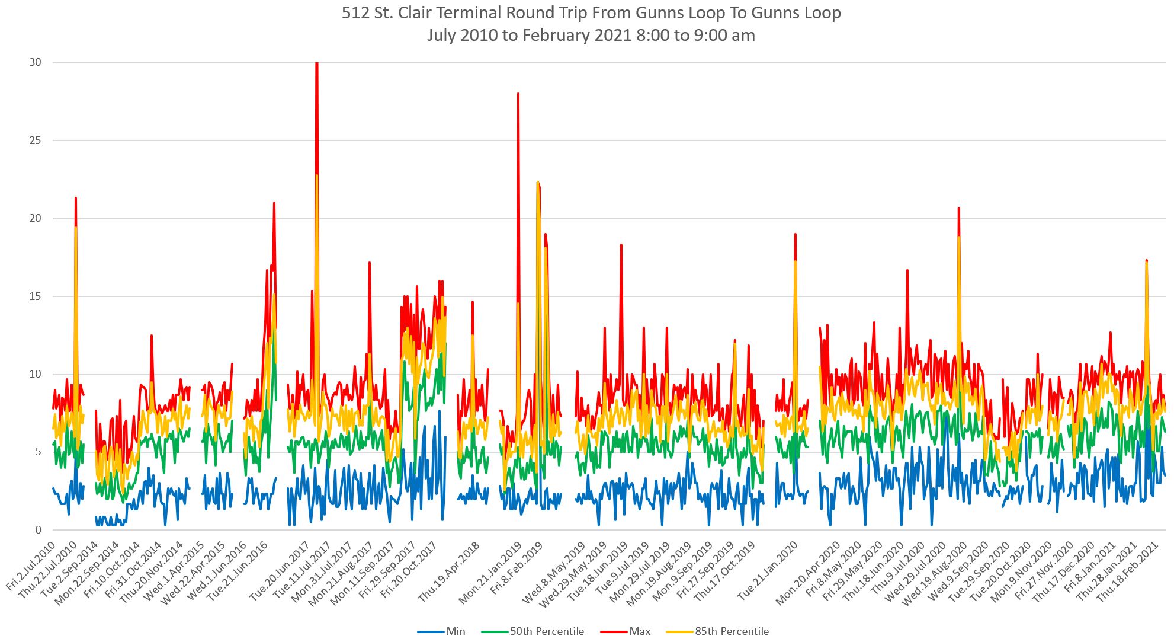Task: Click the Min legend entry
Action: [455, 631]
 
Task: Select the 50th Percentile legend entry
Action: [547, 631]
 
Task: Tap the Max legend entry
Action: [640, 631]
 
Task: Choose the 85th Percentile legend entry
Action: [732, 631]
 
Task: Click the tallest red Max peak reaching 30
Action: [317, 64]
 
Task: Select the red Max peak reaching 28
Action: [518, 94]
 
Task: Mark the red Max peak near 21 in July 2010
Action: [76, 199]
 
